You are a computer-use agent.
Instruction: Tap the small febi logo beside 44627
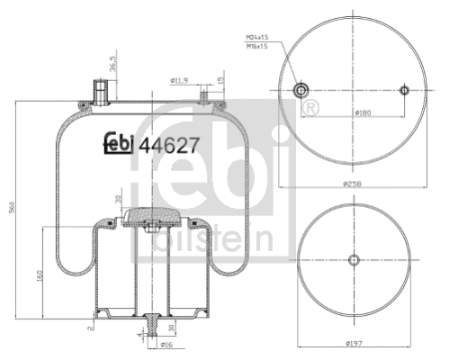pyautogui.click(x=117, y=142)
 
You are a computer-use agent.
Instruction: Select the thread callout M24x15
pyautogui.click(x=257, y=36)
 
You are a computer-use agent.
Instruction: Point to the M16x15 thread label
pyautogui.click(x=257, y=45)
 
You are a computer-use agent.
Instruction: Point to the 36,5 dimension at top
pyautogui.click(x=112, y=68)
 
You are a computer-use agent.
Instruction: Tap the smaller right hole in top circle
pyautogui.click(x=404, y=90)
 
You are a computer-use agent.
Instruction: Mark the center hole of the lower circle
pyautogui.click(x=353, y=259)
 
